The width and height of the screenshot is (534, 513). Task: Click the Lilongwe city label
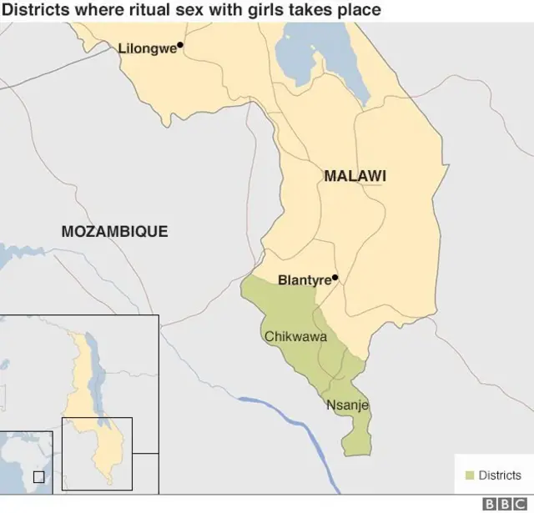tap(147, 48)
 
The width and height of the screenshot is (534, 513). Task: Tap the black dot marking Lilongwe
tap(180, 45)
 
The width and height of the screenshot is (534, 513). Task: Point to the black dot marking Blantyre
tap(335, 278)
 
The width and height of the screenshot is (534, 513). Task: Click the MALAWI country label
tap(355, 176)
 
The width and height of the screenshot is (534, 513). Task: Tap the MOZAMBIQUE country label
tap(114, 231)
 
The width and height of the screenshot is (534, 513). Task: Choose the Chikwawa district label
tap(295, 337)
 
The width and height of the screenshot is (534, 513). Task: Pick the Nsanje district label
tap(347, 405)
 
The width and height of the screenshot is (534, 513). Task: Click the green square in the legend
tap(469, 475)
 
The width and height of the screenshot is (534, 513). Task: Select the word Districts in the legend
tap(500, 475)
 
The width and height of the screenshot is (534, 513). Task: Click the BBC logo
tap(505, 504)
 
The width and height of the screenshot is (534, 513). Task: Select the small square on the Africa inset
tap(38, 476)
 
